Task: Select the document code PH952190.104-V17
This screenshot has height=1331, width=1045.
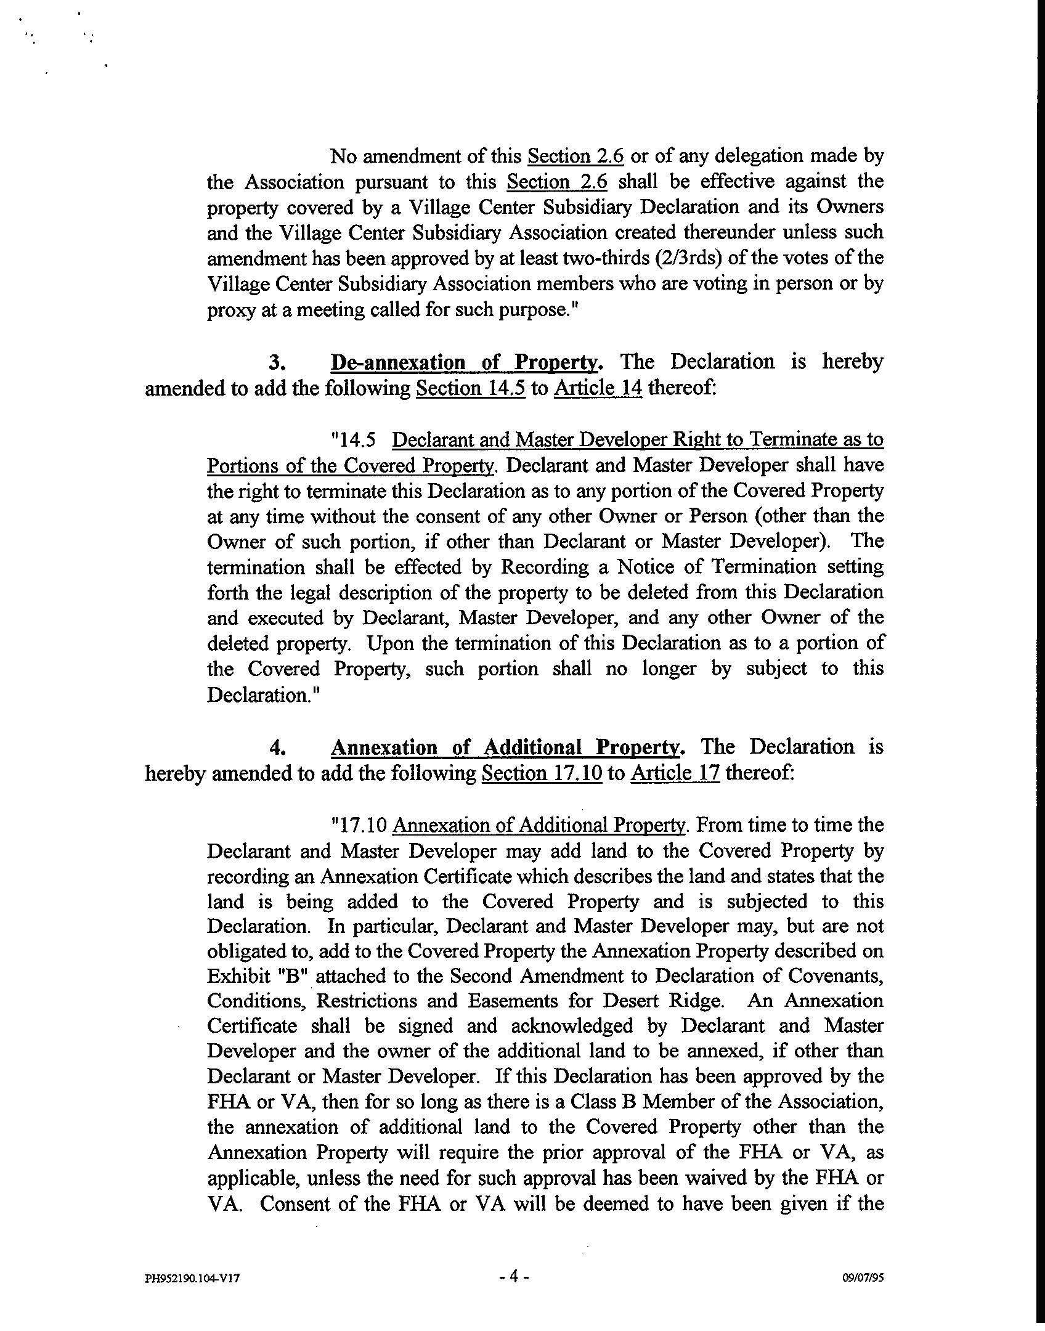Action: click(x=192, y=1278)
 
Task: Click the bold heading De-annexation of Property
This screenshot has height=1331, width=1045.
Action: click(x=466, y=362)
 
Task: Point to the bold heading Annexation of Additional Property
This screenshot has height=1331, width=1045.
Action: click(x=508, y=747)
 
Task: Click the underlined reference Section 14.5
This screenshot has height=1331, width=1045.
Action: click(x=471, y=389)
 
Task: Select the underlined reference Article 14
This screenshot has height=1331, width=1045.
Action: click(x=598, y=389)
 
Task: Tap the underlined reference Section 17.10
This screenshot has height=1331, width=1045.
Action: click(x=542, y=773)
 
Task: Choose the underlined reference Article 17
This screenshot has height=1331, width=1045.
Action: click(x=675, y=773)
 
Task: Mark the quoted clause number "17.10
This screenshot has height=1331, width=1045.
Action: click(x=359, y=825)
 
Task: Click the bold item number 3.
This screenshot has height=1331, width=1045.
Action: click(x=276, y=362)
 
